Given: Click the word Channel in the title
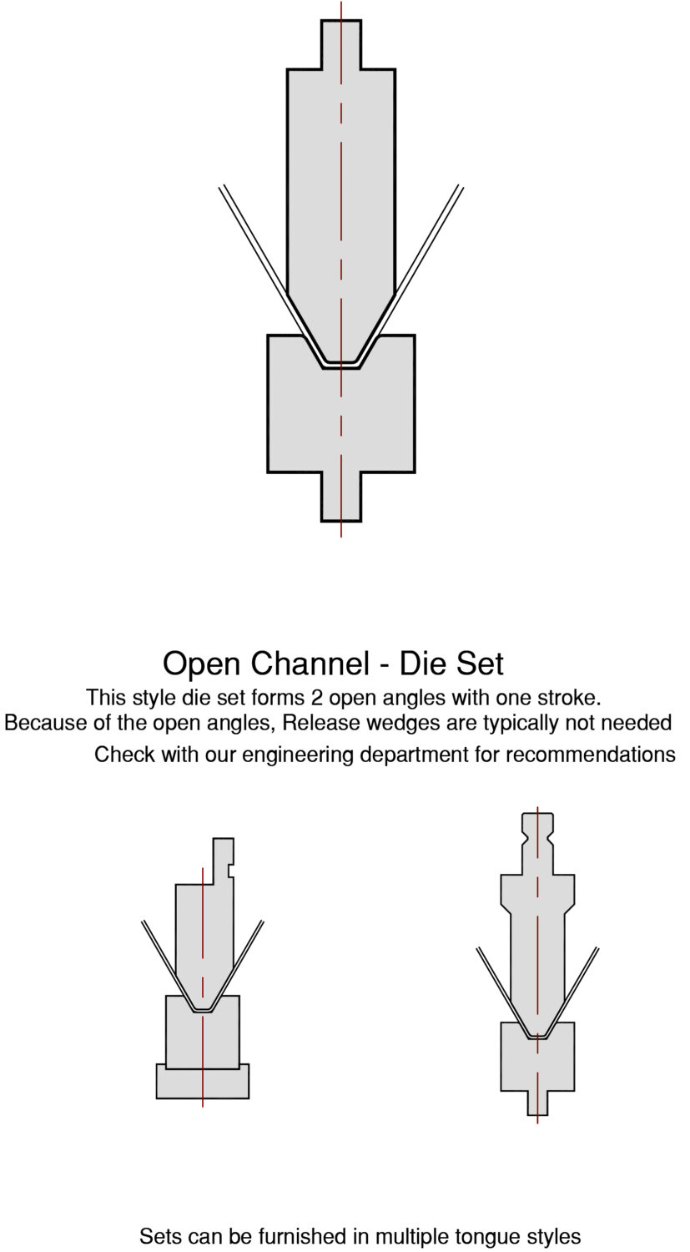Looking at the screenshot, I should click(309, 664).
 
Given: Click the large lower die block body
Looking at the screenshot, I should click(341, 417).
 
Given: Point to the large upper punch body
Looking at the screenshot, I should click(341, 184).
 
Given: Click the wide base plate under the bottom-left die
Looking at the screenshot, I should click(203, 1083).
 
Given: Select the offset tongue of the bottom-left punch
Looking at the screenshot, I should click(223, 860).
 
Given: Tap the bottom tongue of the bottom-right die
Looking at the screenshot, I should click(537, 1103).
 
